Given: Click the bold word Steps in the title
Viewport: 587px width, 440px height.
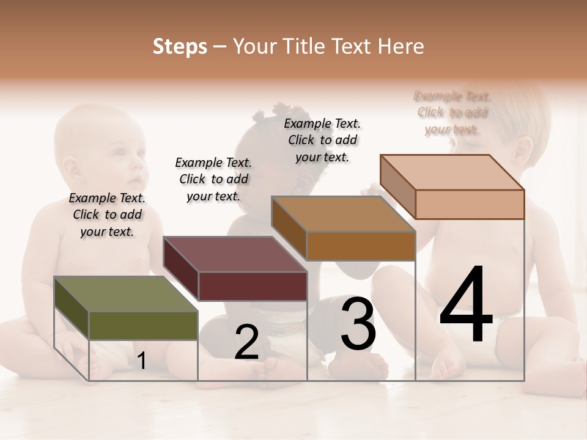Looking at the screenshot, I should pyautogui.click(x=180, y=46).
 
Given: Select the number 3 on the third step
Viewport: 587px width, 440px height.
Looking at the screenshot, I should pyautogui.click(x=358, y=324).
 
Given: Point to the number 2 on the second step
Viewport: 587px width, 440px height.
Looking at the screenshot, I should pyautogui.click(x=246, y=343).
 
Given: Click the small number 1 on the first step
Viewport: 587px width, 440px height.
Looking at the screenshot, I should pyautogui.click(x=141, y=361).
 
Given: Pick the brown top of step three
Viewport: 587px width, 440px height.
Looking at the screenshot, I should pyautogui.click(x=342, y=215).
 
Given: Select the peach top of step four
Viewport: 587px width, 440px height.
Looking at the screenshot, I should pyautogui.click(x=452, y=172).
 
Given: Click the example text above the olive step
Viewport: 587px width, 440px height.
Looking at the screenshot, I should pyautogui.click(x=107, y=215).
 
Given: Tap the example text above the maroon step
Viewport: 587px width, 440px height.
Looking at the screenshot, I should pyautogui.click(x=213, y=179).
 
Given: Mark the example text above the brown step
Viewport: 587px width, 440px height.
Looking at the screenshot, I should pyautogui.click(x=322, y=140).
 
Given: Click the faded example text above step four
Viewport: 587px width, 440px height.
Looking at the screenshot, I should pyautogui.click(x=452, y=112).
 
